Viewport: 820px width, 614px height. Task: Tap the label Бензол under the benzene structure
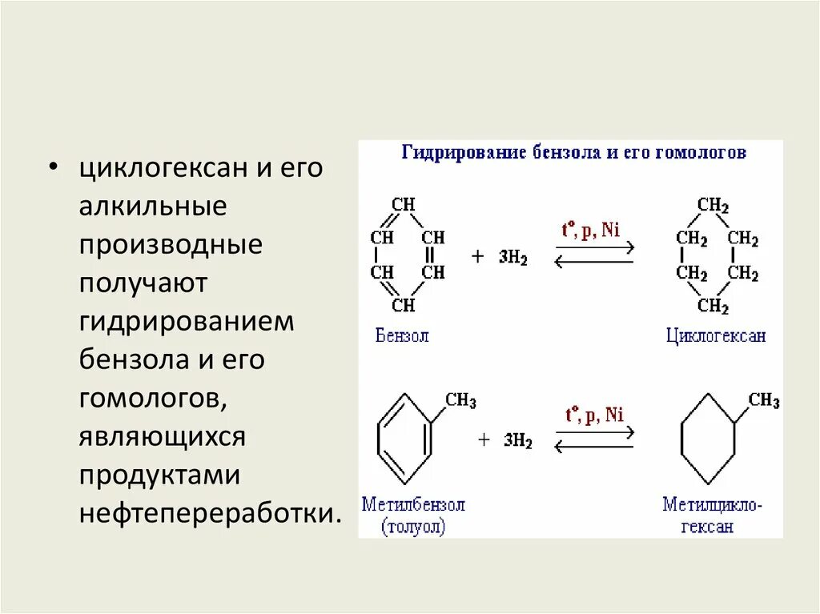point(402,335)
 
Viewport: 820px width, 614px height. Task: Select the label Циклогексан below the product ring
point(716,335)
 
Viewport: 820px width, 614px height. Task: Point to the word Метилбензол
point(413,505)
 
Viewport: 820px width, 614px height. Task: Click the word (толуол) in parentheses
point(413,527)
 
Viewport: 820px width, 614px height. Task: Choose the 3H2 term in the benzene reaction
point(512,259)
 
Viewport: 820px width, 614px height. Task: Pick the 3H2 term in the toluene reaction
point(517,440)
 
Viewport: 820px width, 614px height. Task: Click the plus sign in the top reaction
point(478,257)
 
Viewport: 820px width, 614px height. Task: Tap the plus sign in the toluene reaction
point(484,439)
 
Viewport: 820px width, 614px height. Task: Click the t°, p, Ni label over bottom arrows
point(594,415)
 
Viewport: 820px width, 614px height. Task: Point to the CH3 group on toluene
point(460,400)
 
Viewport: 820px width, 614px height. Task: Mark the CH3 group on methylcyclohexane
point(764,400)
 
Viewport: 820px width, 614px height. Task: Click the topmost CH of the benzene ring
point(404,205)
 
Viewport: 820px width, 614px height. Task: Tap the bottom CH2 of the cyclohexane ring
point(713,306)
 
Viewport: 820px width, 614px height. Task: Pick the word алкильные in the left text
point(152,206)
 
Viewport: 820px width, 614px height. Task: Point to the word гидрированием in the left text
point(187,321)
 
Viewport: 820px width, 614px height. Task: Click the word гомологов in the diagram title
point(701,152)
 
